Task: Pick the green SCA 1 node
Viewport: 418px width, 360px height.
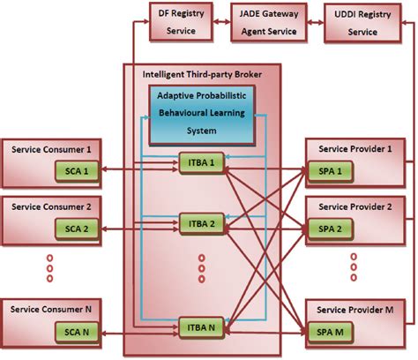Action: tap(72, 169)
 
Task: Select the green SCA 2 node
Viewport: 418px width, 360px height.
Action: tap(72, 229)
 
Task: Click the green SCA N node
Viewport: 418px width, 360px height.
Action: tap(72, 334)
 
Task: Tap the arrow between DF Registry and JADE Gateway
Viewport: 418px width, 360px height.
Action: tap(223, 22)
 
